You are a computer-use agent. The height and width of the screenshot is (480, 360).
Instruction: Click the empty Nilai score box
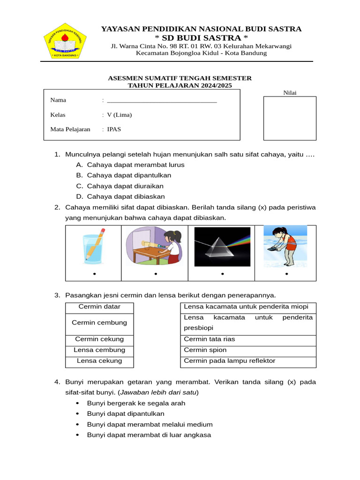(289, 118)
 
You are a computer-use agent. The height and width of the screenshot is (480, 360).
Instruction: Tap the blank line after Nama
(162, 100)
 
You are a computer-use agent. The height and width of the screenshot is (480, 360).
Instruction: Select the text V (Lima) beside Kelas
(120, 115)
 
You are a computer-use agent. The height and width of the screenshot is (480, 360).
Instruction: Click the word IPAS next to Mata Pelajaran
(114, 129)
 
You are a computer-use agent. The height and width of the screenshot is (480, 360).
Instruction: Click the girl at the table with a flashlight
(154, 246)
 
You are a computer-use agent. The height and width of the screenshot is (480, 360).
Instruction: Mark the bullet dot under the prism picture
(222, 274)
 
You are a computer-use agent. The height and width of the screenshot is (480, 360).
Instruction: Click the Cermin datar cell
(99, 307)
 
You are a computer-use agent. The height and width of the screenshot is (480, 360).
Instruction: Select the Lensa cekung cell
(99, 361)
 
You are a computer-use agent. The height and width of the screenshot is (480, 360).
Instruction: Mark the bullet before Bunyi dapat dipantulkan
(77, 414)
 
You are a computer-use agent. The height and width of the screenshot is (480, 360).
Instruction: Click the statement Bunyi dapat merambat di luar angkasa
(149, 435)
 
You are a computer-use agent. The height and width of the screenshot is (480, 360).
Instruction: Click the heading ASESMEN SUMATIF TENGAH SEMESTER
(180, 78)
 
